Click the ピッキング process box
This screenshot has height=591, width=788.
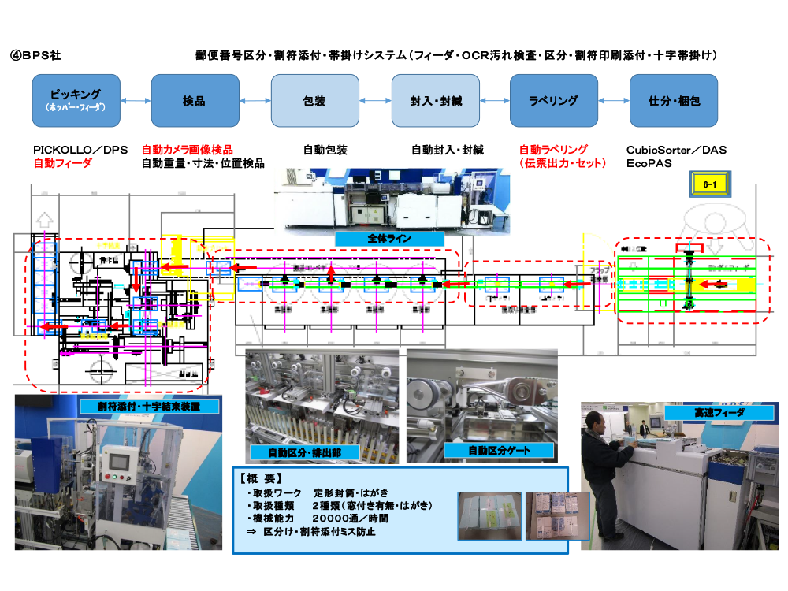76,100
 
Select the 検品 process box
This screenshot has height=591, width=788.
194,100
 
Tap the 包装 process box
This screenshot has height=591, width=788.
314,100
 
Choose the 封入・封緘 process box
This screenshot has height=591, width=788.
436,100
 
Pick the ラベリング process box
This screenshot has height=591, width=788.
553,100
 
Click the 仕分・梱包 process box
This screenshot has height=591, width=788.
673,100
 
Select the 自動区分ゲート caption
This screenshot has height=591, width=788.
477,450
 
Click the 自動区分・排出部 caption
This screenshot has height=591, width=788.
303,452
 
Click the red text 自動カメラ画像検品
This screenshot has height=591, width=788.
187,150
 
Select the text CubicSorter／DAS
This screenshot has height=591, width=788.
676,150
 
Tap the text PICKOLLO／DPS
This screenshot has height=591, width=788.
80,150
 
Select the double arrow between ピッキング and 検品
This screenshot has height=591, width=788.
136,101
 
